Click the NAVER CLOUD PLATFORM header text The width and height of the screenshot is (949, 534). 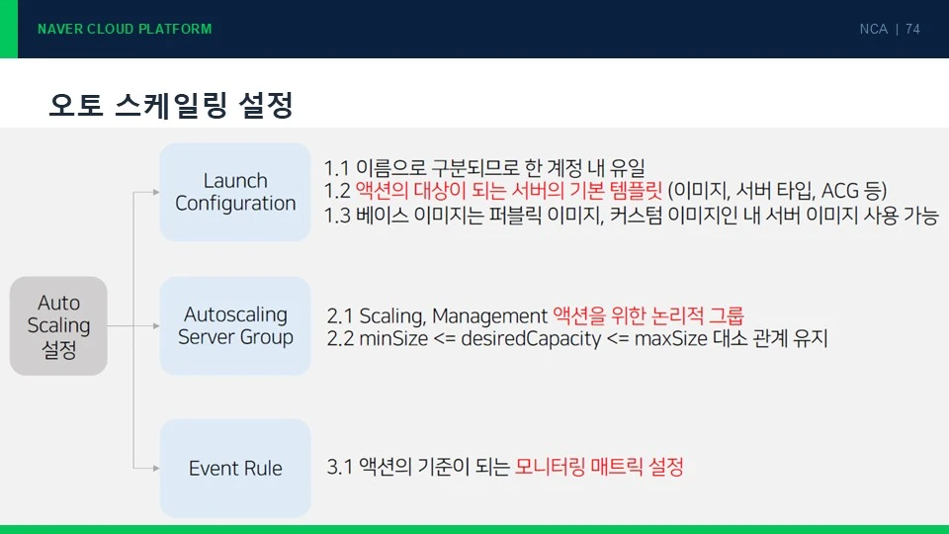tap(125, 29)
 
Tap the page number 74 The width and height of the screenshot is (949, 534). tap(912, 29)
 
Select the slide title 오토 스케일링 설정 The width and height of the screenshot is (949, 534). tap(171, 105)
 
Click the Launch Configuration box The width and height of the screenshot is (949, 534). tap(235, 192)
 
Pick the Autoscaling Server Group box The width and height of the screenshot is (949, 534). tap(235, 325)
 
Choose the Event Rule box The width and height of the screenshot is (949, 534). tap(235, 468)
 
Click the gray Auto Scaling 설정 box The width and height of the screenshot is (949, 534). tap(58, 325)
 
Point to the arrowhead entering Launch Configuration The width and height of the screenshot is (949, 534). tap(156, 192)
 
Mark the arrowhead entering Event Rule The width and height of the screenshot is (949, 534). tap(156, 468)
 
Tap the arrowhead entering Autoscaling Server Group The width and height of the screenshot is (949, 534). tap(156, 325)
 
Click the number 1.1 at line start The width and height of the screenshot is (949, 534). tap(336, 168)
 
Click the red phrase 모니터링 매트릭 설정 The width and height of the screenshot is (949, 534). tap(599, 466)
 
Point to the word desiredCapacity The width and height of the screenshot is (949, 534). tap(531, 338)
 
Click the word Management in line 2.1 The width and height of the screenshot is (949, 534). tap(489, 316)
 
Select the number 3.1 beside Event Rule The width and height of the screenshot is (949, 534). tap(339, 467)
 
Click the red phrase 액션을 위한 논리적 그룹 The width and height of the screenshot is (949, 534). tap(648, 315)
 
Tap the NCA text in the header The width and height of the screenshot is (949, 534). tap(873, 29)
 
